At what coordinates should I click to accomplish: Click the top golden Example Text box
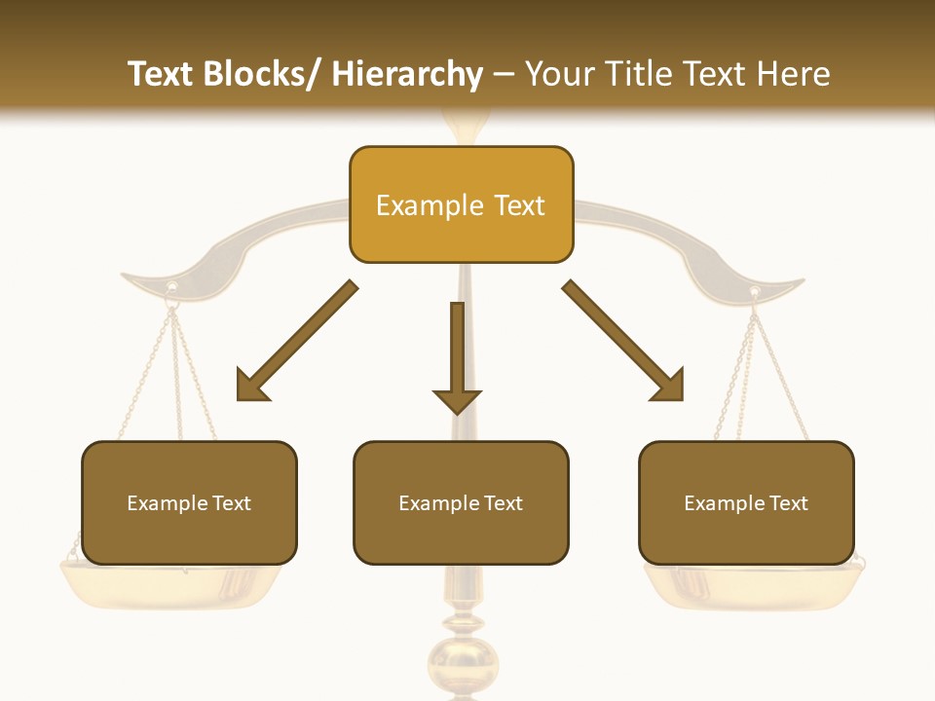coord(461,204)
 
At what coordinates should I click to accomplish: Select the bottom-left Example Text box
coord(189,502)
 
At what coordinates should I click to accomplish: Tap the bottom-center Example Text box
coord(461,502)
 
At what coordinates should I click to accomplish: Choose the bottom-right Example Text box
coord(746,502)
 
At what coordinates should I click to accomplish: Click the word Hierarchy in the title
coord(407,74)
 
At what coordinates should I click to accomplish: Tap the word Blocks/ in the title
coord(264,74)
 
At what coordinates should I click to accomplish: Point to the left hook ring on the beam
coord(172,288)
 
